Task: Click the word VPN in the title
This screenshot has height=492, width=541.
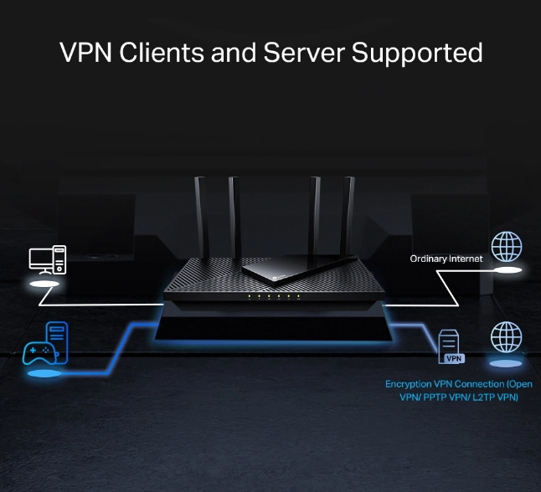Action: click(x=85, y=53)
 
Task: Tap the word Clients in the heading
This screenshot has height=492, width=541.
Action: click(x=162, y=53)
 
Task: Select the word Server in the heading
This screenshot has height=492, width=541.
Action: click(x=304, y=53)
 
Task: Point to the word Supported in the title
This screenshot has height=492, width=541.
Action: click(x=417, y=54)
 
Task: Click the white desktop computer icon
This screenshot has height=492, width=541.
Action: click(x=48, y=260)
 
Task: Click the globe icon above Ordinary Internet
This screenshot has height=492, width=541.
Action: click(x=507, y=247)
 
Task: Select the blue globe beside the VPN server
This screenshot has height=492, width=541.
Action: click(x=506, y=337)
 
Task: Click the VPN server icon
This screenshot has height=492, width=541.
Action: click(x=451, y=346)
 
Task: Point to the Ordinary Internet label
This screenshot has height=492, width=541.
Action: click(x=446, y=259)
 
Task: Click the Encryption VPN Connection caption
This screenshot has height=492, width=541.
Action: click(x=459, y=390)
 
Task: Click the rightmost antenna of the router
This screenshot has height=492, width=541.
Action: click(x=347, y=218)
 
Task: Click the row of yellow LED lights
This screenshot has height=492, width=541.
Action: click(x=274, y=296)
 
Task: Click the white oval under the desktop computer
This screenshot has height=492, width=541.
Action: click(x=44, y=284)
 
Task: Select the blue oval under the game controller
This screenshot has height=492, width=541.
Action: click(x=44, y=373)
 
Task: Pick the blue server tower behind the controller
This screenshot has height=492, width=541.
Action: click(x=57, y=341)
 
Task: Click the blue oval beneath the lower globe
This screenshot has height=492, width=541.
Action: click(x=506, y=363)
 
